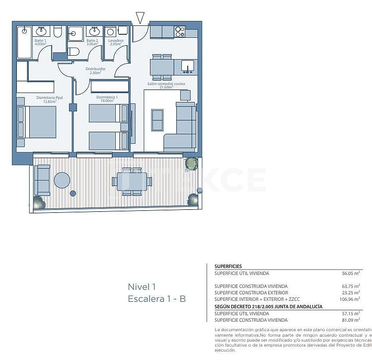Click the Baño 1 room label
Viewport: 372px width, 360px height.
[x=40, y=42]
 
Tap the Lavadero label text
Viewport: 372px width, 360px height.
[x=116, y=42]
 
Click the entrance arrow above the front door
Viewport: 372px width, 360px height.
[x=140, y=18]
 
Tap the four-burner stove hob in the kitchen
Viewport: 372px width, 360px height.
[x=180, y=32]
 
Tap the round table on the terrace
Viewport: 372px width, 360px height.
[x=62, y=180]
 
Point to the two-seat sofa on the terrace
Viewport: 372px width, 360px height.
[x=42, y=180]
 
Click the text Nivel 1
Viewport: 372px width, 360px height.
[x=142, y=286]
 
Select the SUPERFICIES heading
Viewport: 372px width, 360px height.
[x=228, y=266]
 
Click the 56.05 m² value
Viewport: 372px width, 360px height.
[x=351, y=273]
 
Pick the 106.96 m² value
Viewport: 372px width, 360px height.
[x=349, y=299]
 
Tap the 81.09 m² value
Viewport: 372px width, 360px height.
[x=351, y=320]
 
